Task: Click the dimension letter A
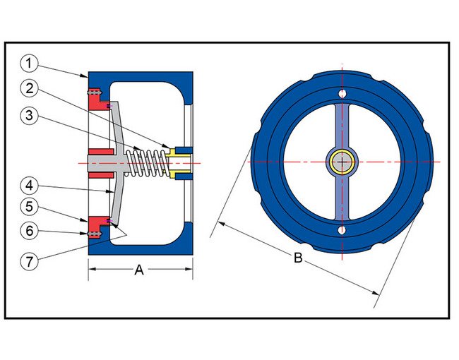coord(139,270)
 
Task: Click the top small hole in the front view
coord(342,94)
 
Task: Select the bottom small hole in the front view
coord(342,230)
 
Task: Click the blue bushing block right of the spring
coord(183,162)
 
